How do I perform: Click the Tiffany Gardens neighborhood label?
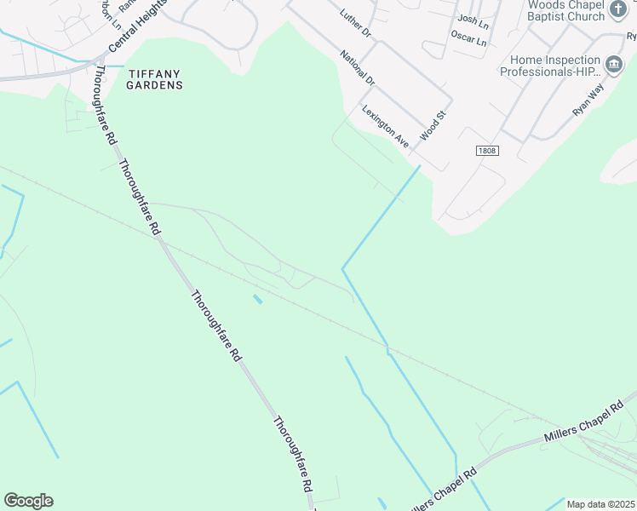[154, 78]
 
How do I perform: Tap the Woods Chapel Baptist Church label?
[565, 10]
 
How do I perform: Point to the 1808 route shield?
[486, 150]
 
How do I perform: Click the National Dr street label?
[357, 69]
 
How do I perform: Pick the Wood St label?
[434, 126]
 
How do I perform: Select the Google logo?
[28, 501]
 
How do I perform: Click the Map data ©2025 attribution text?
[600, 504]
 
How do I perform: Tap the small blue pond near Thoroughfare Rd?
[257, 299]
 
